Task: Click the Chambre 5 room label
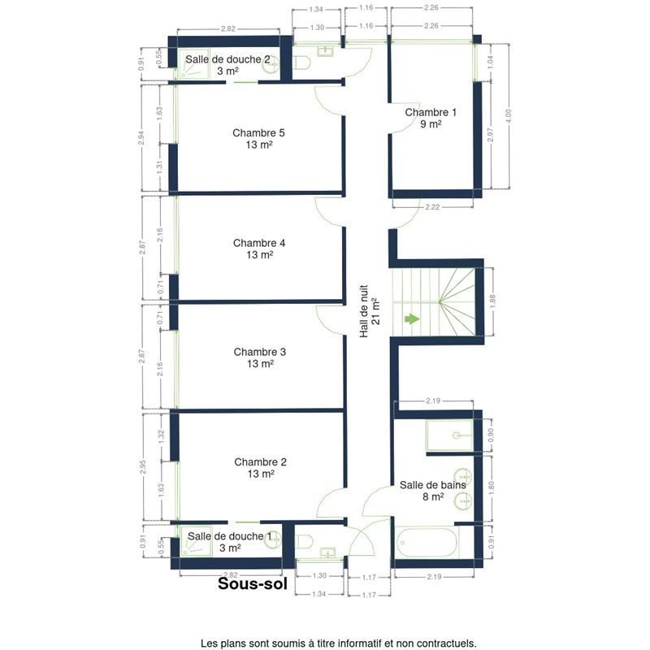258,138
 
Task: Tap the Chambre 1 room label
431,118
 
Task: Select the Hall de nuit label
370,311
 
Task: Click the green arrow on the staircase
412,318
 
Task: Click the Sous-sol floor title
253,583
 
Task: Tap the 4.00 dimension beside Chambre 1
509,115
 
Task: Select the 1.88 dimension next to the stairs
492,301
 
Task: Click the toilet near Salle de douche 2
301,63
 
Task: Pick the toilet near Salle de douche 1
304,541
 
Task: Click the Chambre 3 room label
260,357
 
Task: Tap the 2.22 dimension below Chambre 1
432,207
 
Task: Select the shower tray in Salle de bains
450,435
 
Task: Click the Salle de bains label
433,491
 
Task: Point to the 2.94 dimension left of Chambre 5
141,138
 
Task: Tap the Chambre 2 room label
260,468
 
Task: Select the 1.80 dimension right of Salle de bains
492,487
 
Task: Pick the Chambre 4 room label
259,249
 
